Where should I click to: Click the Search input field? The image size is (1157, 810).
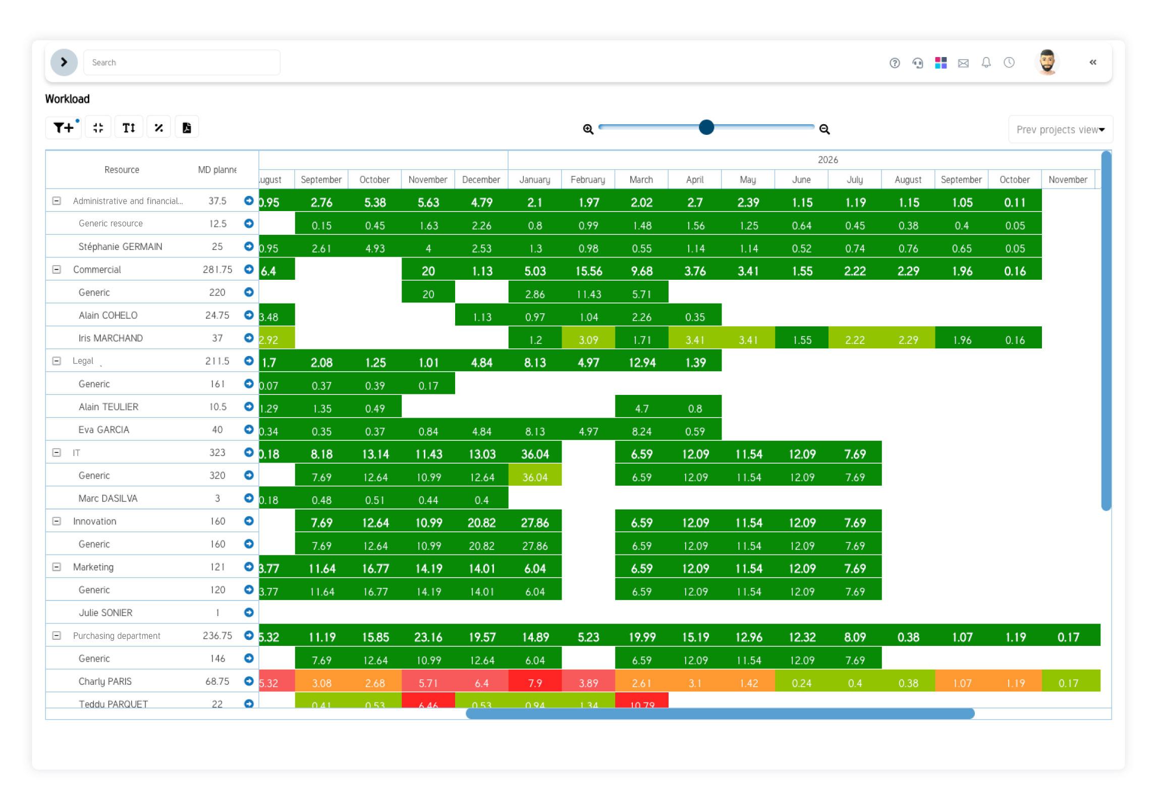[182, 63]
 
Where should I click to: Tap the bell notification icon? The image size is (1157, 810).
[986, 63]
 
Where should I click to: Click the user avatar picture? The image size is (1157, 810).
[1048, 63]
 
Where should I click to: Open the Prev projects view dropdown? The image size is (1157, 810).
[1060, 130]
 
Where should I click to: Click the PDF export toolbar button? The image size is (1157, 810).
[187, 128]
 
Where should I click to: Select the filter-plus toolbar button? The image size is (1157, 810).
[64, 128]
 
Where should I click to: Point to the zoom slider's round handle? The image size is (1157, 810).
[706, 127]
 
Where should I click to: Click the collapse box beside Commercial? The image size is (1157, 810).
[57, 270]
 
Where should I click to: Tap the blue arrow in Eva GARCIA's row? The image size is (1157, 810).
[249, 429]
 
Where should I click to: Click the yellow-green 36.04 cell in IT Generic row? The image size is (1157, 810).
[535, 477]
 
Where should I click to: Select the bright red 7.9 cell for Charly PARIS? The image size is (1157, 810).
[535, 683]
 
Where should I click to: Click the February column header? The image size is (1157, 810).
[588, 180]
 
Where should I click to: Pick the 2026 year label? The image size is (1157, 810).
[828, 160]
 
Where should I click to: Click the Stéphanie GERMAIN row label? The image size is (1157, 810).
[120, 247]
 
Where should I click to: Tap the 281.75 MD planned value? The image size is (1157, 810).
[217, 270]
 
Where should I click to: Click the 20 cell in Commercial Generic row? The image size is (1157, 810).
[428, 294]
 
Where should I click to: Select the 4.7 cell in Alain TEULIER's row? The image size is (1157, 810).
[641, 408]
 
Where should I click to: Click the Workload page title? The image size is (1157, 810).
[67, 99]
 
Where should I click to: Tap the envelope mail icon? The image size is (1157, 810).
[963, 63]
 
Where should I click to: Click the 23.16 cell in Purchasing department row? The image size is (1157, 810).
[428, 637]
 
